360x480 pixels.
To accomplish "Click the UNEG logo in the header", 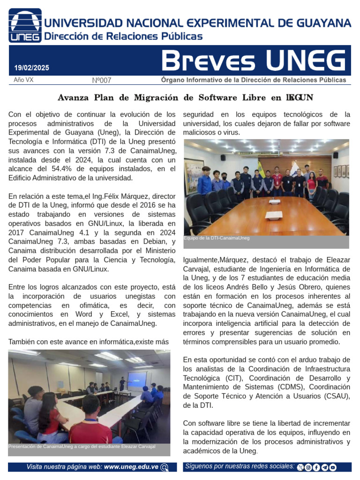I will [25, 25].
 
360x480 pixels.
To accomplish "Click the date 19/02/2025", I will [31, 68].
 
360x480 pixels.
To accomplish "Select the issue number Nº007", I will [102, 81].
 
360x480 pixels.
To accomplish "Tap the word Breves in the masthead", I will [208, 61].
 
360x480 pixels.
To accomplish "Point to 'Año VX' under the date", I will [23, 80].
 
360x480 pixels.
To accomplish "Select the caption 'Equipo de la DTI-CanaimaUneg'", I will [217, 238].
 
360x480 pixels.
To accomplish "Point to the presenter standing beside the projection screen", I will [122, 383].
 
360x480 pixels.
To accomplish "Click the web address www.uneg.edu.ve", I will [131, 467].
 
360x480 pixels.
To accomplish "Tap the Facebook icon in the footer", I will [316, 467].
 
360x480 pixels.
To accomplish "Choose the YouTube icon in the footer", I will [333, 467].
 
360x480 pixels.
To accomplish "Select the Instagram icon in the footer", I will [308, 467].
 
